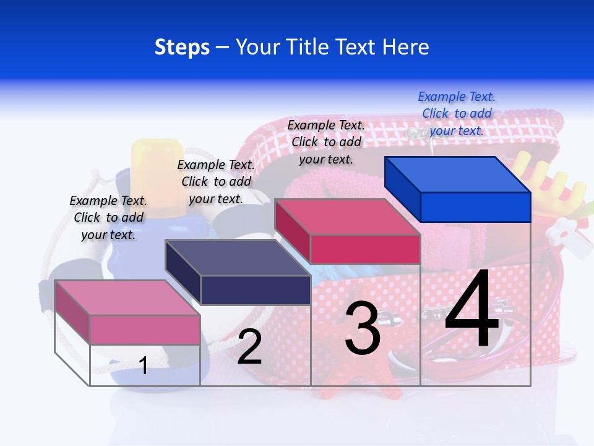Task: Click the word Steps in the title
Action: [x=182, y=47]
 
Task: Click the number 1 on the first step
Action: [x=144, y=365]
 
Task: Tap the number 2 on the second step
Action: [x=249, y=348]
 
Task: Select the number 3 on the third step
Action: [x=363, y=329]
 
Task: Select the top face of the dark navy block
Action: [x=238, y=258]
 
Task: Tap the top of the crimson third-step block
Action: [x=348, y=217]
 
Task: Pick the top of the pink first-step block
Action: [x=127, y=298]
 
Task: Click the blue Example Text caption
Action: [x=457, y=114]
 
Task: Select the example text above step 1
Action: [x=108, y=217]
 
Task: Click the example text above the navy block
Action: [x=216, y=181]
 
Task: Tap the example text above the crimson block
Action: [x=326, y=142]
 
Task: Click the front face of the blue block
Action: [x=475, y=207]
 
